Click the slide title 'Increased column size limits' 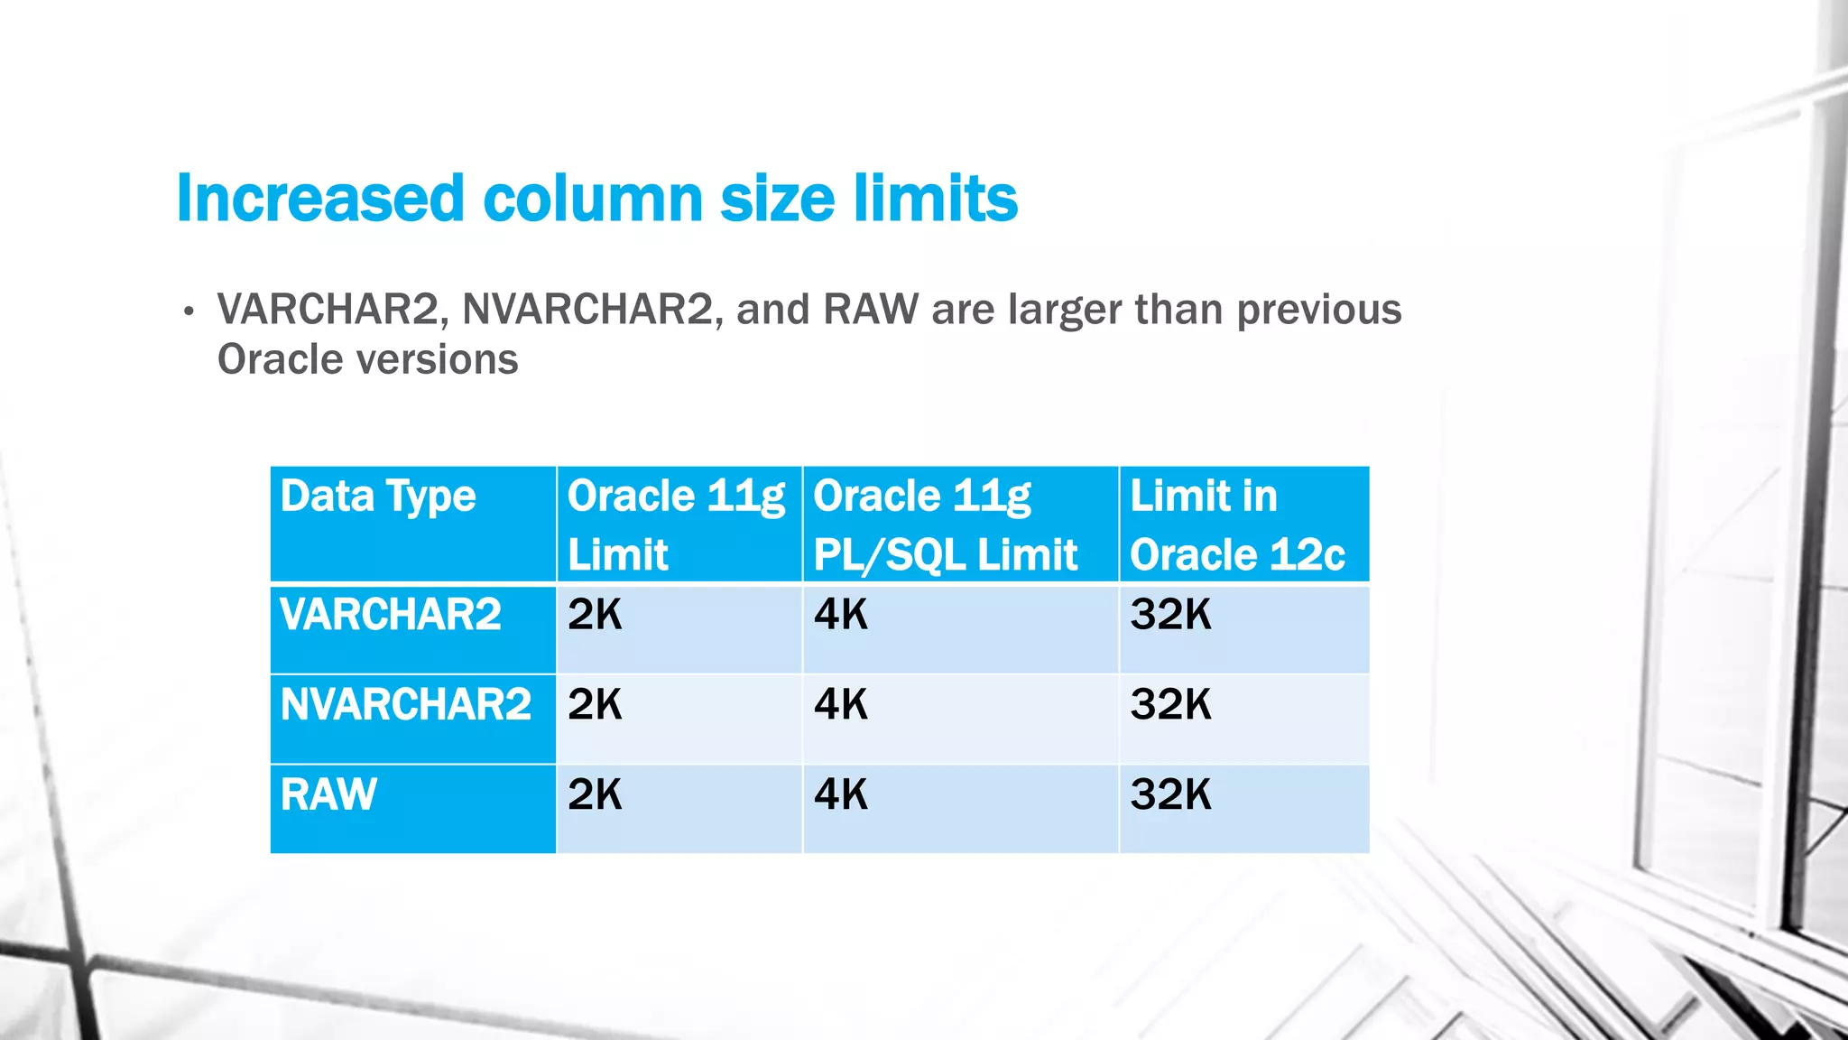click(596, 199)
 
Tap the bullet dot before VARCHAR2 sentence click(188, 312)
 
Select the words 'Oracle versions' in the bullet click(367, 359)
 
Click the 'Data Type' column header click(378, 497)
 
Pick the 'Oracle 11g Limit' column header click(677, 525)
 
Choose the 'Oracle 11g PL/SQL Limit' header click(945, 525)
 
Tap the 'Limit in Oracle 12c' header click(1237, 525)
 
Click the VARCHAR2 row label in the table click(391, 616)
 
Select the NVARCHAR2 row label click(406, 705)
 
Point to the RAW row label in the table click(328, 795)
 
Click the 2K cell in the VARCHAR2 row click(595, 616)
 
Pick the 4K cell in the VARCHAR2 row click(840, 616)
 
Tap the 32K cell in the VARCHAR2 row click(1170, 616)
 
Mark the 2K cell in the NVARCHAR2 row click(595, 705)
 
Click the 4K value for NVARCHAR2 click(840, 705)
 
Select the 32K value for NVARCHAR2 click(1170, 705)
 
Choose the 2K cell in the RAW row click(595, 795)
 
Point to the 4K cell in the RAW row click(840, 795)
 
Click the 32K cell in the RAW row click(1170, 795)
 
